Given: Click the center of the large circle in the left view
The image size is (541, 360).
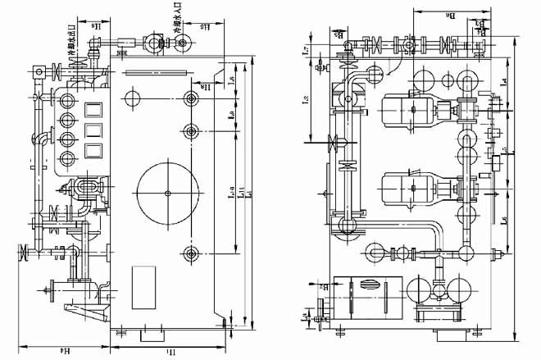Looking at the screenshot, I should (168, 193).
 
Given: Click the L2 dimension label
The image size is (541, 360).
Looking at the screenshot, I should (305, 103).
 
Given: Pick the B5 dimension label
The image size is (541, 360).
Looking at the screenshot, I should (339, 35).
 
